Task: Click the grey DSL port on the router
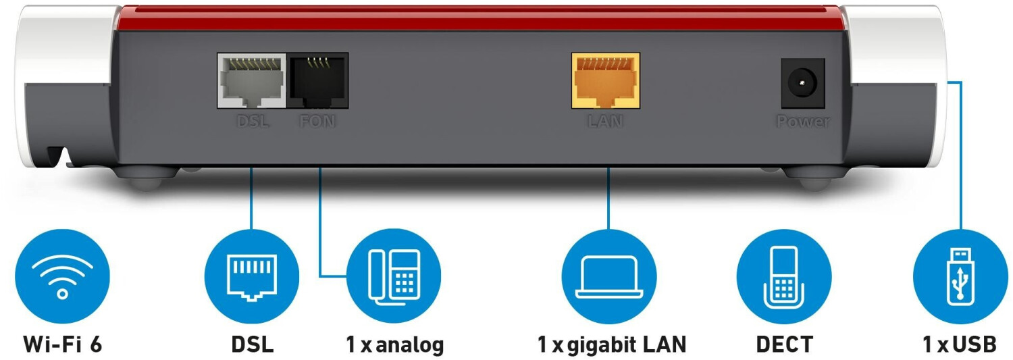pos(251,80)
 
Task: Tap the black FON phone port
pos(318,80)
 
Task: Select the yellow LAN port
pos(606,80)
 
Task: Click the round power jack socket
pos(803,83)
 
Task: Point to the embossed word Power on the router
pos(803,121)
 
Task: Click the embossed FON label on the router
pos(317,121)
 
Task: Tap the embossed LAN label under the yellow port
pos(605,121)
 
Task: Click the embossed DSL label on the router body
pos(253,121)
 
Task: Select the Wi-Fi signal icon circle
pos(62,276)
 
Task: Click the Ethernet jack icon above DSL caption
pos(252,276)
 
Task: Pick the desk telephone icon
pos(394,276)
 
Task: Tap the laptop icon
pos(609,276)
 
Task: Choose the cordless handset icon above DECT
pos(784,276)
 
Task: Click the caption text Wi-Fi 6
pos(63,344)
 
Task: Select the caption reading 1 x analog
pos(395,344)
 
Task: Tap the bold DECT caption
pos(784,344)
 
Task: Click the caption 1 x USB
pos(960,344)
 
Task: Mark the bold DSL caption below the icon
pos(253,344)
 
